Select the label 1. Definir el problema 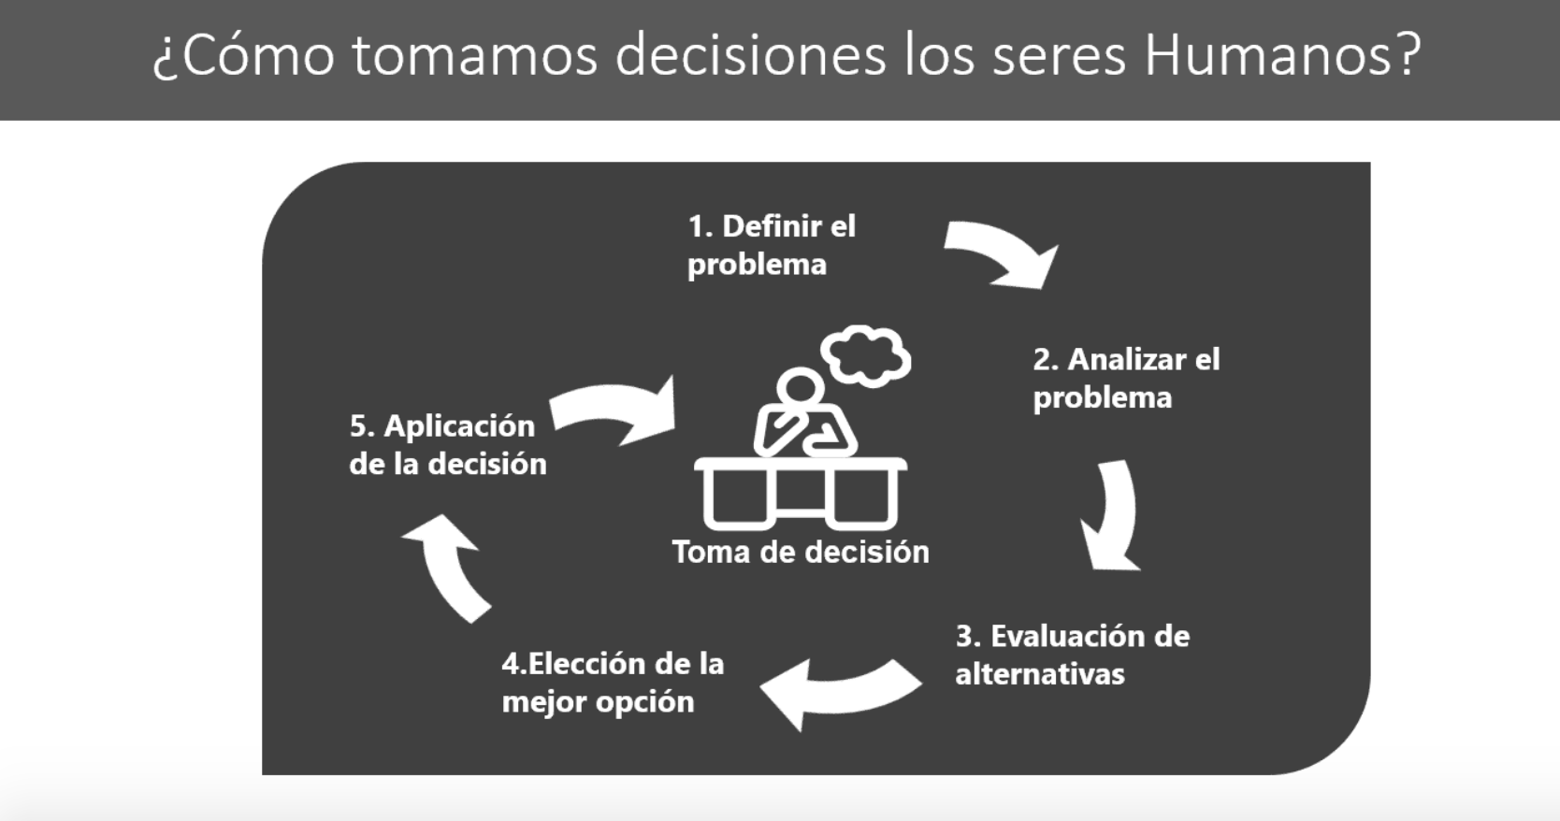point(772,245)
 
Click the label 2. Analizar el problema point(1126,378)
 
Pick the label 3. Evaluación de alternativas point(1073,655)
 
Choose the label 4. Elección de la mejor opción point(613,683)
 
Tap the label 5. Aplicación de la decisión point(448,445)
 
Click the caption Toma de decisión point(801,553)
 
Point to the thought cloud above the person point(866,356)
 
